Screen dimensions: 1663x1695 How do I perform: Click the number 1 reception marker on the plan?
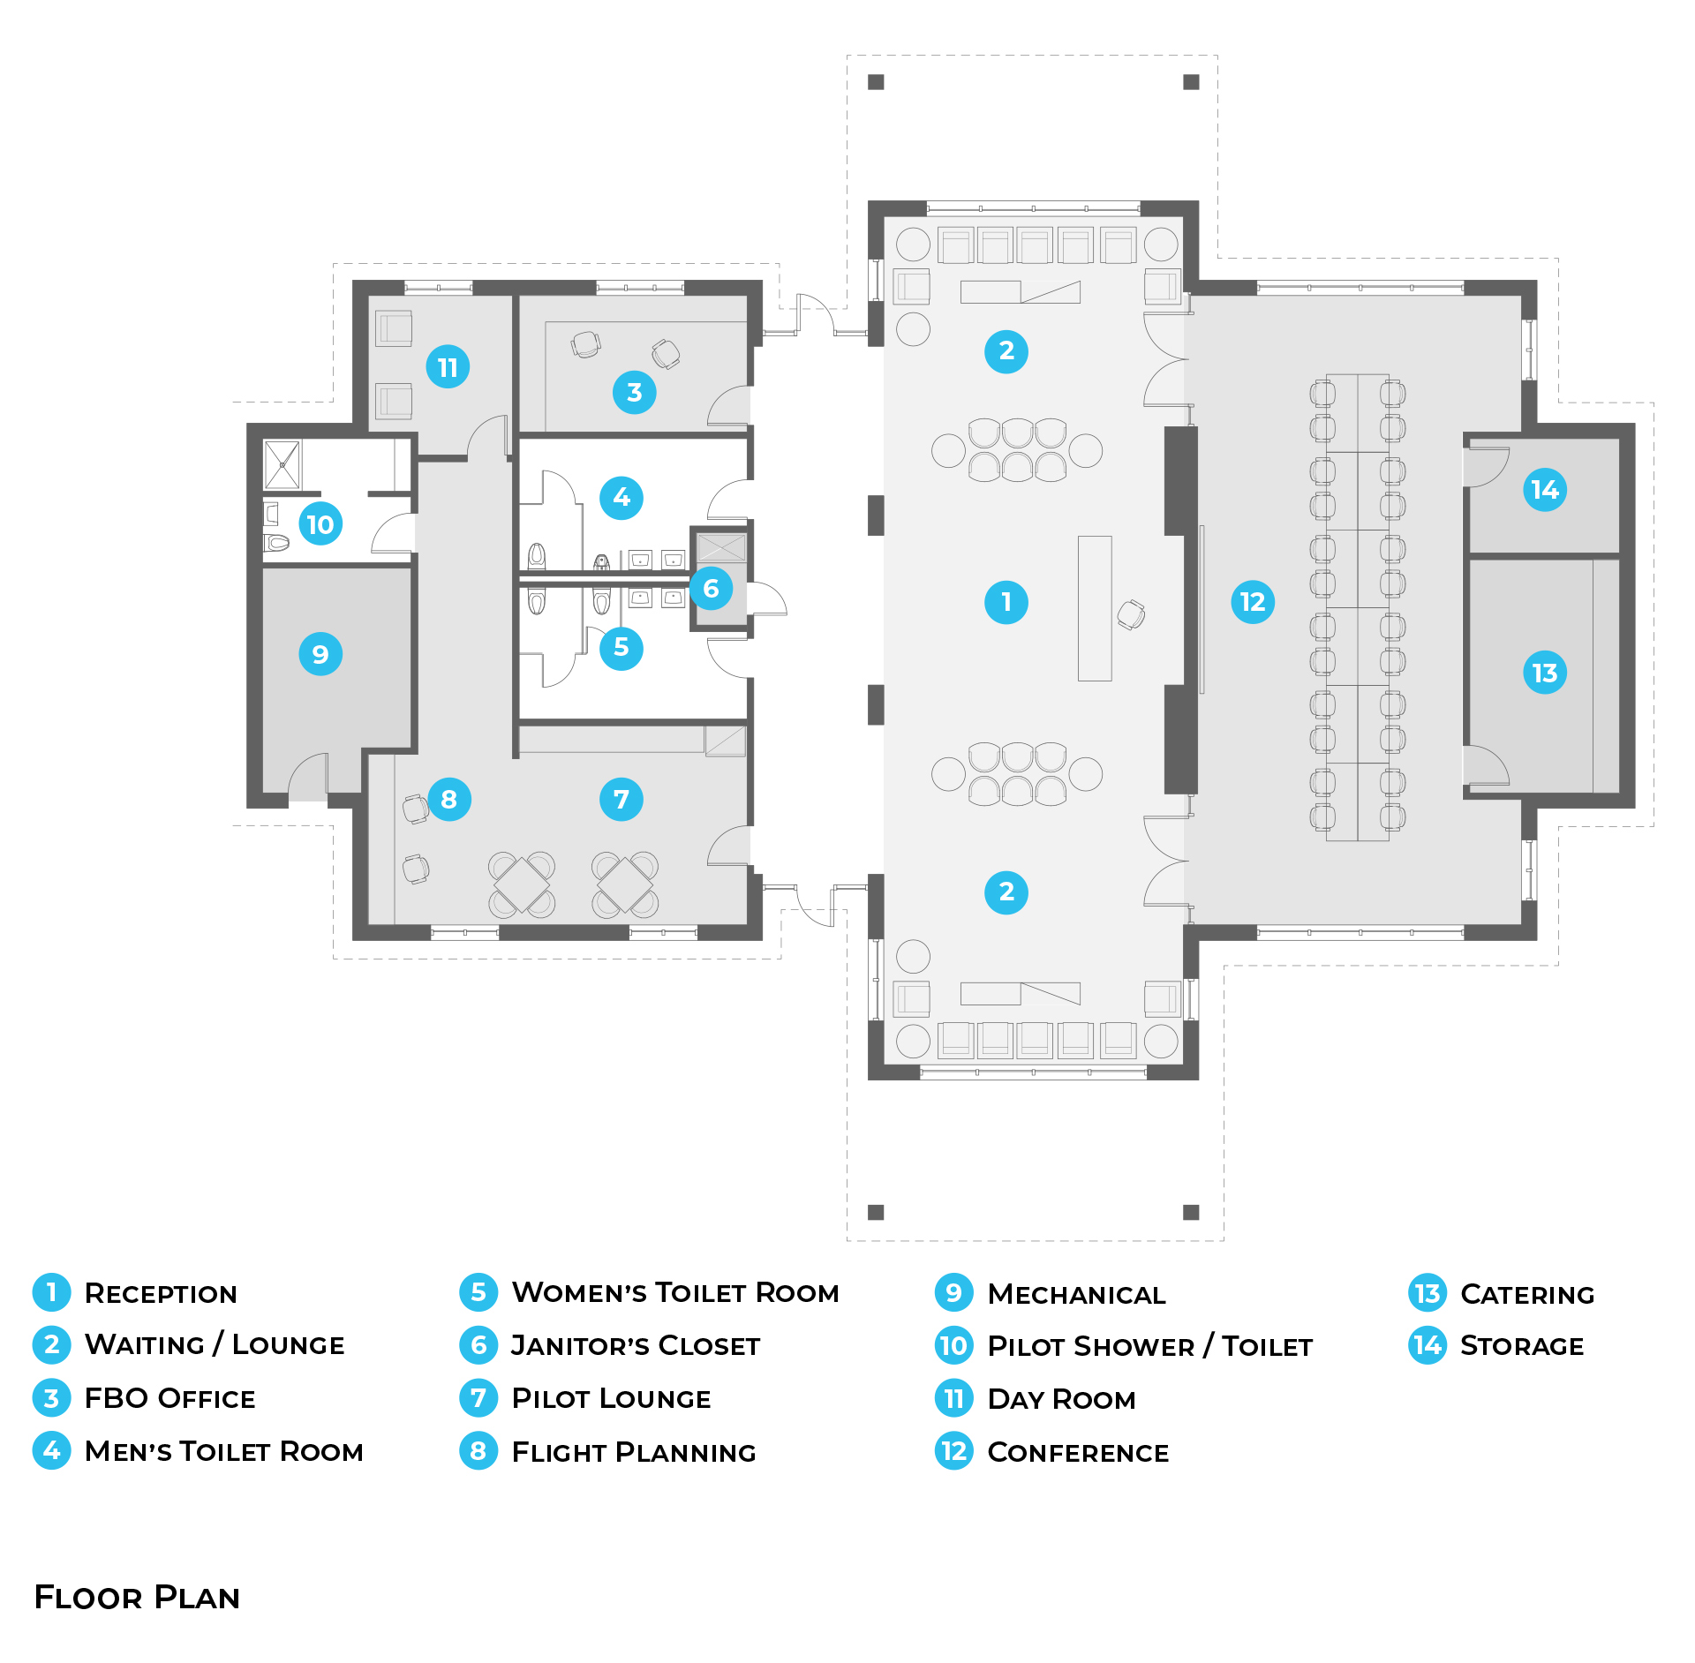point(1006,602)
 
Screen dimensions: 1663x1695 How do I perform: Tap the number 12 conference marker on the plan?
point(1253,602)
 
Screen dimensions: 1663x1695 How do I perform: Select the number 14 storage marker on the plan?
point(1545,490)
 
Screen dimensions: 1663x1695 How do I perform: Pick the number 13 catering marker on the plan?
point(1545,673)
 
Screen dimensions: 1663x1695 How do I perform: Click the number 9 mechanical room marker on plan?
point(320,654)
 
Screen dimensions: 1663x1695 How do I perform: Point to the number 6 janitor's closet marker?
point(711,589)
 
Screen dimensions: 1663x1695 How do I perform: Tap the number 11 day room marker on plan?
point(448,367)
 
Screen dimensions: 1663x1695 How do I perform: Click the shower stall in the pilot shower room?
point(282,464)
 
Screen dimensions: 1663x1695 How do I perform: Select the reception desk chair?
point(1131,614)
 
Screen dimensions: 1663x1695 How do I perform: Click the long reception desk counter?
point(1095,608)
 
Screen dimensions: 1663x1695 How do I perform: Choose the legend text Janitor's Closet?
point(636,1346)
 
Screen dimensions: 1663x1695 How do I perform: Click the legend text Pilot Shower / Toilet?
point(1149,1347)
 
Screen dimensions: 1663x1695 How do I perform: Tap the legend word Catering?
point(1527,1295)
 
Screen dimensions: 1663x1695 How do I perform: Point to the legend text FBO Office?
point(169,1399)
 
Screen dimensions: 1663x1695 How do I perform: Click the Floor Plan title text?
point(137,1598)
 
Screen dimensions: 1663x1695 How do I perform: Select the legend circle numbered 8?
point(478,1451)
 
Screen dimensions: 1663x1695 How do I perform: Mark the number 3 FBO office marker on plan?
point(634,393)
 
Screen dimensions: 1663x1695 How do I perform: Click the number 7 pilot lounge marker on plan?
point(621,800)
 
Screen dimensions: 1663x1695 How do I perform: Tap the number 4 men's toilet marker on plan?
point(621,498)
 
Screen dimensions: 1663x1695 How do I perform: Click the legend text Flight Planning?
point(634,1452)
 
